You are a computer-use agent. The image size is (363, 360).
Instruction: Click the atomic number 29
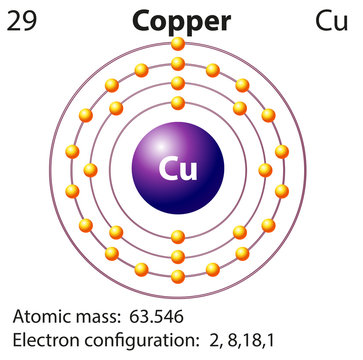coord(25,20)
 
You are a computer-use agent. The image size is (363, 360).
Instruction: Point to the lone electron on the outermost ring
coord(178,44)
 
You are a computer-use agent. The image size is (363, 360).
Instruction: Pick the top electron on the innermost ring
coord(178,102)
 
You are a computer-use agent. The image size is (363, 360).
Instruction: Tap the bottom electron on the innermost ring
coord(178,237)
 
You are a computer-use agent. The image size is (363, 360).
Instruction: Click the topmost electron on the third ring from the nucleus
coord(178,64)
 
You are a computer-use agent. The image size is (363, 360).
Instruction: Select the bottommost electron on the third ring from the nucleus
coord(178,274)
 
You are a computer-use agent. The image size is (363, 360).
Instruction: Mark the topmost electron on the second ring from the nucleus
coord(178,83)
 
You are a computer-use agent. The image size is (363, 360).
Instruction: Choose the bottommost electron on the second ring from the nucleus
coord(178,256)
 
